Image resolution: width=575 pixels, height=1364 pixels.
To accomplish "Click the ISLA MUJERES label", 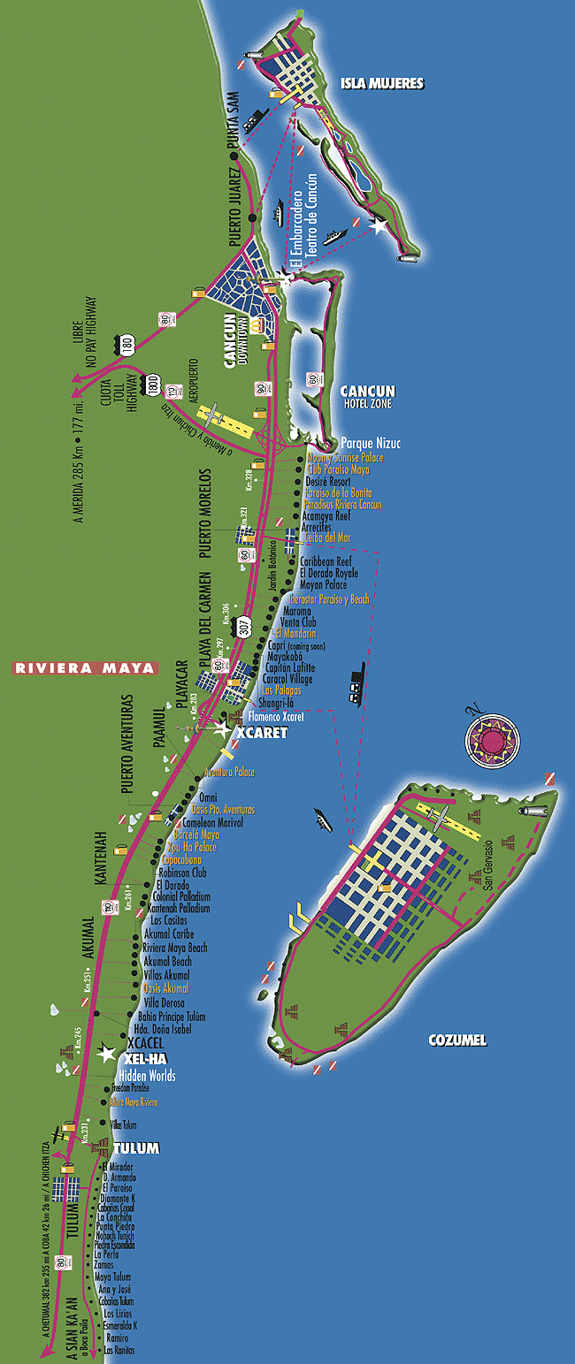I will pos(382,84).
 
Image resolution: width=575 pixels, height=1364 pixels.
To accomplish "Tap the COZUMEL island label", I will pos(456,1040).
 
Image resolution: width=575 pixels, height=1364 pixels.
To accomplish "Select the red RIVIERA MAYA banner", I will pos(84,667).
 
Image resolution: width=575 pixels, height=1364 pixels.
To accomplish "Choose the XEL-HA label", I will pos(146,1058).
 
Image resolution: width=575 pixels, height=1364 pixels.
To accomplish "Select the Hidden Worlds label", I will pos(147,1076).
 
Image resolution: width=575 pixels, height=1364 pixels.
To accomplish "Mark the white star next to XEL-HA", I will pos(107,1053).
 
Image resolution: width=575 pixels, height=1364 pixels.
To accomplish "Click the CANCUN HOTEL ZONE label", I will pos(368,397).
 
